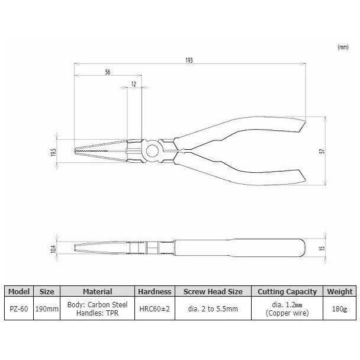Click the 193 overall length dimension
coord(189,60)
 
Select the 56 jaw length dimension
coord(108,72)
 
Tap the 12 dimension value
coord(134,84)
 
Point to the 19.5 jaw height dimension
coord(53,152)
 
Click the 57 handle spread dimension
coord(322,151)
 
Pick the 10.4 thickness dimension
coord(53,249)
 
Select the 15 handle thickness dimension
coord(322,248)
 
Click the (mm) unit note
coord(343,47)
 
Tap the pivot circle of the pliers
coord(152,151)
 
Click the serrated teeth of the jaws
coord(92,151)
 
